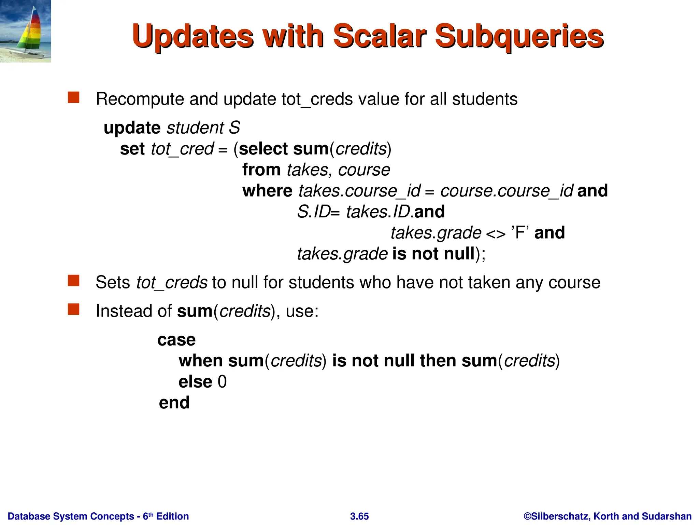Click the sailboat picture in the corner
click(26, 31)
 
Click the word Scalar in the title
click(379, 36)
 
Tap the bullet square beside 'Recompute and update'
click(73, 97)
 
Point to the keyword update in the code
click(132, 128)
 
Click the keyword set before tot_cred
click(132, 149)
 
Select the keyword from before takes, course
click(261, 170)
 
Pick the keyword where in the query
click(267, 191)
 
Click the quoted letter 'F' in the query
click(520, 233)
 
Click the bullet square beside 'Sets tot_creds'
click(73, 281)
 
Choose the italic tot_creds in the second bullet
click(172, 283)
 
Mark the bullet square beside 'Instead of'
click(73, 309)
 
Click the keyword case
click(176, 340)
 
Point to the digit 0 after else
click(222, 382)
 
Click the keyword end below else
click(174, 403)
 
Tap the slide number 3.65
click(359, 516)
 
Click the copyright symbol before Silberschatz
click(527, 516)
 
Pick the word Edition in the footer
click(172, 516)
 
